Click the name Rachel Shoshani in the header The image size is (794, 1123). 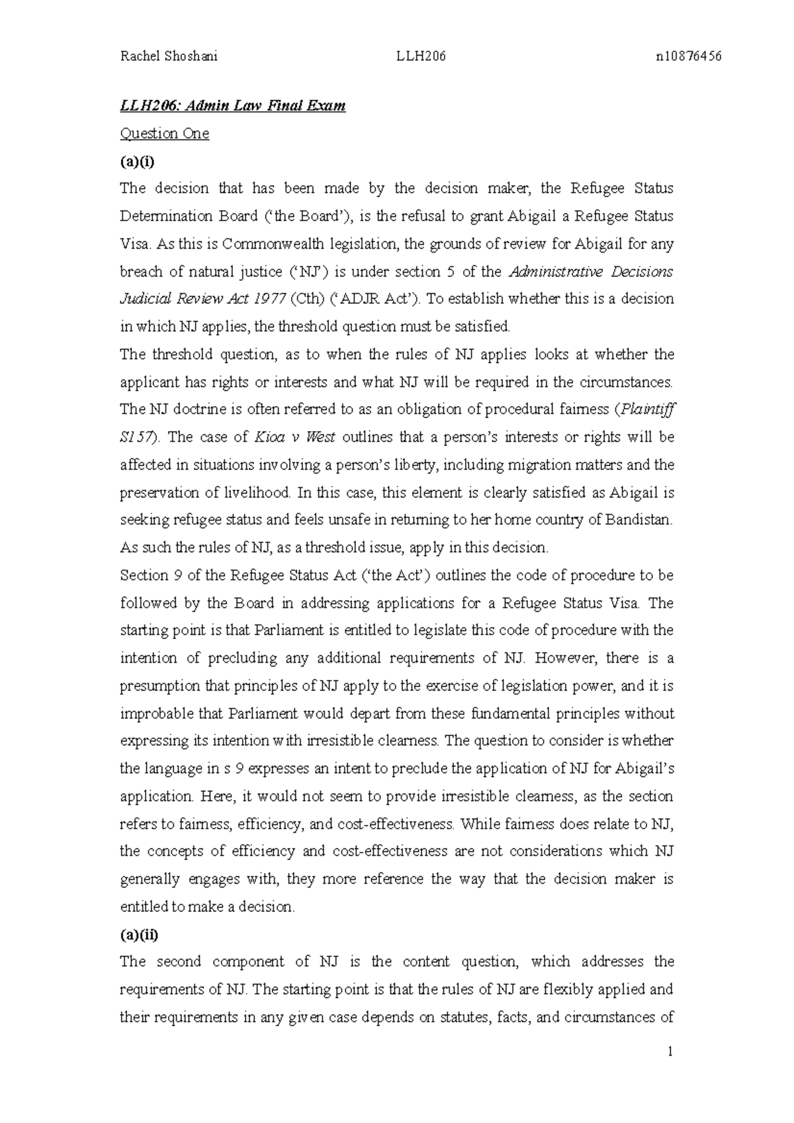point(168,56)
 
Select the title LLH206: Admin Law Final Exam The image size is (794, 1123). point(232,106)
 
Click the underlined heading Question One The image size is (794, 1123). point(164,134)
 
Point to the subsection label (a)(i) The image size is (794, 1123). point(136,161)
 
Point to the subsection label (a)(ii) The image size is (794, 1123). point(139,935)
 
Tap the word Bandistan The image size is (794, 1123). point(639,520)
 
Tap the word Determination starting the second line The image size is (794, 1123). point(164,216)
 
